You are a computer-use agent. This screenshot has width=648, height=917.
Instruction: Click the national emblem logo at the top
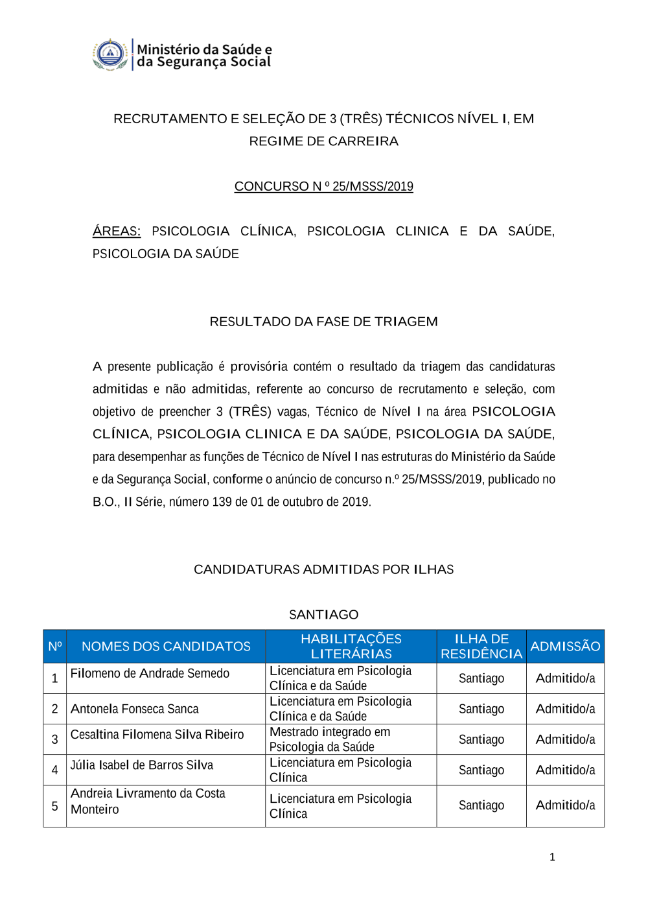[x=110, y=54]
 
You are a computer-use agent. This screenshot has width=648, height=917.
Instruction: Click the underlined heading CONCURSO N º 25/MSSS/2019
[x=323, y=186]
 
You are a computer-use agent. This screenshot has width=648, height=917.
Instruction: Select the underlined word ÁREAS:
[x=117, y=231]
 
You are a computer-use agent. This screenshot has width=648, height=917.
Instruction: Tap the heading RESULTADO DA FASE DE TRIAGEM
[x=323, y=322]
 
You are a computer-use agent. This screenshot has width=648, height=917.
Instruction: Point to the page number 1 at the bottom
[x=552, y=857]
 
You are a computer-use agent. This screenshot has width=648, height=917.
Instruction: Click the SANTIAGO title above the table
[x=323, y=614]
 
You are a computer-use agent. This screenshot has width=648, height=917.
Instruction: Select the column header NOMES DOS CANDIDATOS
[x=166, y=647]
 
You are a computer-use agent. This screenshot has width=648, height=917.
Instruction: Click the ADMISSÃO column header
[x=565, y=647]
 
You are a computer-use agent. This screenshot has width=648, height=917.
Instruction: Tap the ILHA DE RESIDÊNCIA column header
[x=481, y=647]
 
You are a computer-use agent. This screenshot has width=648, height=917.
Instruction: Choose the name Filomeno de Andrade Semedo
[x=150, y=673]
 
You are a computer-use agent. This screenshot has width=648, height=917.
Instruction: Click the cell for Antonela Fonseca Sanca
[x=135, y=709]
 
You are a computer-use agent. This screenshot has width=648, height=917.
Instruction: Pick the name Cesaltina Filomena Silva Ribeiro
[x=157, y=734]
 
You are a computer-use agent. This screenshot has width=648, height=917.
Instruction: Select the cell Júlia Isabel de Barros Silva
[x=142, y=765]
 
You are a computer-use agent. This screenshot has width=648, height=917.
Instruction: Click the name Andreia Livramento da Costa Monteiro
[x=148, y=802]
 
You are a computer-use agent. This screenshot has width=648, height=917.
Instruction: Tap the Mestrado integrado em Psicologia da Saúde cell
[x=330, y=739]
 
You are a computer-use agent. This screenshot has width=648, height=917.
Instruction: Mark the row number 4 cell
[x=55, y=770]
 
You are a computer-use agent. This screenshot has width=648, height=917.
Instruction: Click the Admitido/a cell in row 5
[x=565, y=805]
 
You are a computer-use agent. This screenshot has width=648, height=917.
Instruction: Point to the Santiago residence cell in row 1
[x=481, y=678]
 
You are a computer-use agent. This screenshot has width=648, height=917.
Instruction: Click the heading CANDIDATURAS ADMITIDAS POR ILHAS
[x=323, y=569]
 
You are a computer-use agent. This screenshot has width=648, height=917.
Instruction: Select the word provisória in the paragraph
[x=259, y=366]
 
